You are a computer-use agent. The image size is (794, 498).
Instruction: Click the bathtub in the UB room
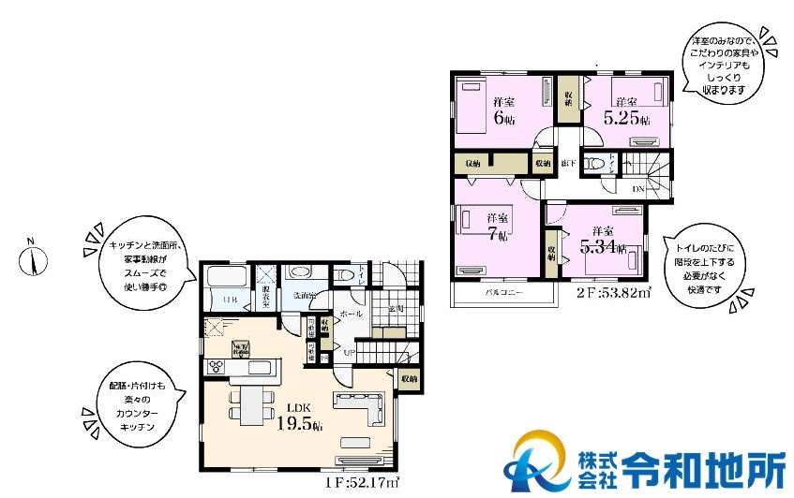225,286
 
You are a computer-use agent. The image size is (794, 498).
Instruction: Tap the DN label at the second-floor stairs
637,190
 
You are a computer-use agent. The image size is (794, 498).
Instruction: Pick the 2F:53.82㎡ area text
613,291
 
